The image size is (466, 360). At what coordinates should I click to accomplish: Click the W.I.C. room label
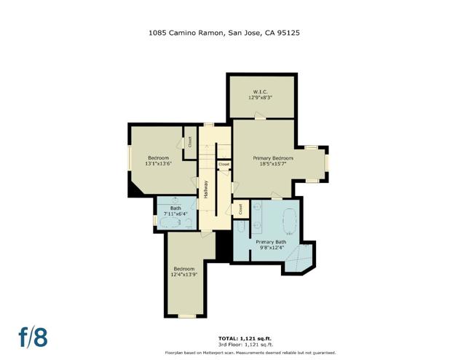coord(261,94)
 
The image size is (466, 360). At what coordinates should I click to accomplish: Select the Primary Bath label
coord(270,244)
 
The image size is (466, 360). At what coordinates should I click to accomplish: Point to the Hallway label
coord(206,189)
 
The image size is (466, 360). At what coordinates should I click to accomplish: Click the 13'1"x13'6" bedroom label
coord(158,160)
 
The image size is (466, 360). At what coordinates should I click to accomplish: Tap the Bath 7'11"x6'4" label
coord(175,211)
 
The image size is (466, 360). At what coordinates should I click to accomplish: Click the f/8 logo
coord(33,337)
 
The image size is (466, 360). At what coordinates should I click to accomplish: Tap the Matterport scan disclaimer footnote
coord(244,353)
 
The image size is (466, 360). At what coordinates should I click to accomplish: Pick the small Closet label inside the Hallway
coord(224,165)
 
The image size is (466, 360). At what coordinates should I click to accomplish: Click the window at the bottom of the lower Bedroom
coord(187,316)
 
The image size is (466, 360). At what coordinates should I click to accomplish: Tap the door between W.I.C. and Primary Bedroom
coord(259,117)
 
